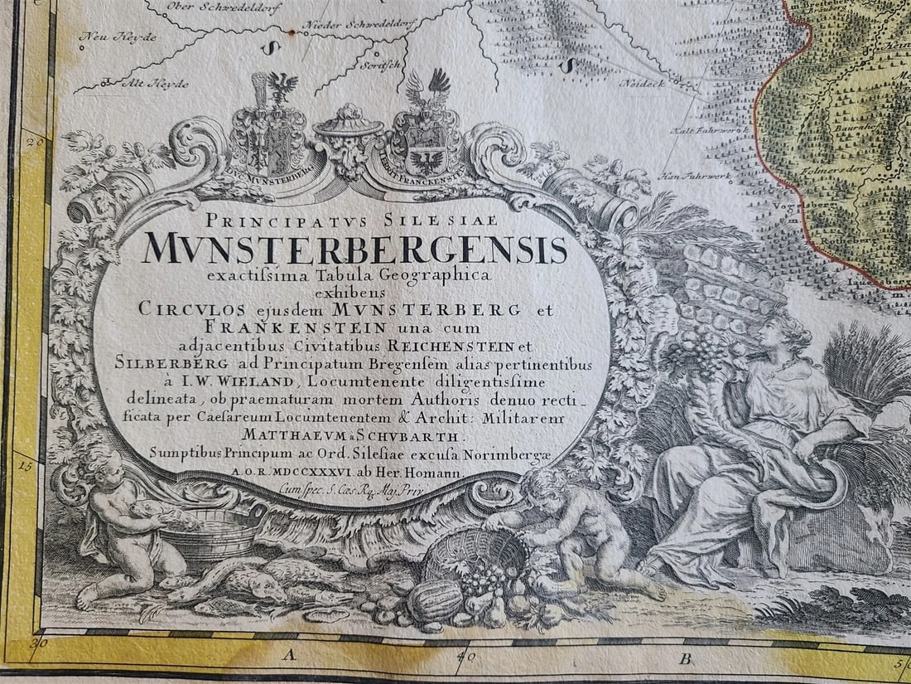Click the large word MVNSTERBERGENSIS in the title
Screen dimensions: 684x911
[x=355, y=250]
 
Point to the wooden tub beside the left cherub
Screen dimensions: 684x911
[x=214, y=534]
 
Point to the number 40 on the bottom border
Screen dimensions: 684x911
[x=462, y=643]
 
